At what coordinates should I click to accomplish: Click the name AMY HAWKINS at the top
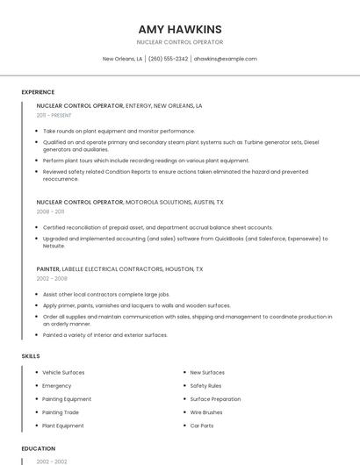point(180,29)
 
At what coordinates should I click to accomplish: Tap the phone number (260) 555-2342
point(168,59)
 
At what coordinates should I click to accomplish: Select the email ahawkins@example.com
point(226,59)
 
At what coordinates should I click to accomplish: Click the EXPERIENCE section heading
point(38,92)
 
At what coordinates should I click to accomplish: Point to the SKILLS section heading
point(31,356)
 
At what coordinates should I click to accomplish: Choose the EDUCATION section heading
point(38,448)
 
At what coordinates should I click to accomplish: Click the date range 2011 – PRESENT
point(54,115)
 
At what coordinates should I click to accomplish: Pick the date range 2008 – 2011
point(50,211)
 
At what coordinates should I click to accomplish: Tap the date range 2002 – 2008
point(52,278)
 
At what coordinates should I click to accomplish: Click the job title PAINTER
point(48,268)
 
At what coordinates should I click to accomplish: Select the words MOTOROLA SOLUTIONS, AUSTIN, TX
point(175,202)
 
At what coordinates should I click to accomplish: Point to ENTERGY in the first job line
point(139,105)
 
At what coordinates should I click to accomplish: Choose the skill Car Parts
point(203,426)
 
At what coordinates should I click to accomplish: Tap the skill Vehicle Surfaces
point(63,372)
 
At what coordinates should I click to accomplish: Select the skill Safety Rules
point(206,385)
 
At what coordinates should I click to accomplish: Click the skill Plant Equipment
point(63,426)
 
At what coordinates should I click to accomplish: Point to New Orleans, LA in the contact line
point(122,59)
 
